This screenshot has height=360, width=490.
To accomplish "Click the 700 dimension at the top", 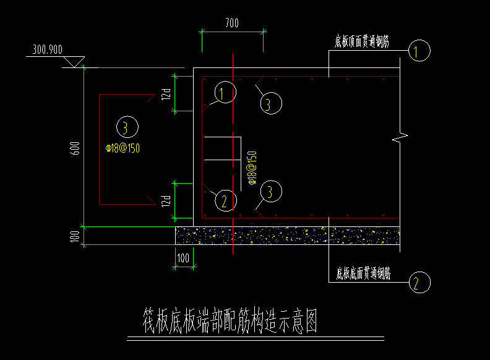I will point(232,24).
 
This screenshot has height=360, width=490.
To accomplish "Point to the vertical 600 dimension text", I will point(75,149).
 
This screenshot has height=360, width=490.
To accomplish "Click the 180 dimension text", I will point(75,236).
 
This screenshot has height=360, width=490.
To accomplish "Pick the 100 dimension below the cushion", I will point(184,257).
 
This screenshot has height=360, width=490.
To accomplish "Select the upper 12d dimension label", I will point(166,94).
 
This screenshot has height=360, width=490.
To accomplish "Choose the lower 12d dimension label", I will point(166,200).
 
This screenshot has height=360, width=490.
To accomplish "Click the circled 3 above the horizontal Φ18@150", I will point(126,127).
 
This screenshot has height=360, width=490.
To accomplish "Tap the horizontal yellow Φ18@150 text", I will point(126,148).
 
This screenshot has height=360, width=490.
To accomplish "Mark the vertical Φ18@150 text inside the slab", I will point(252,166).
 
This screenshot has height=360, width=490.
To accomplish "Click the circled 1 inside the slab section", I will point(225,93).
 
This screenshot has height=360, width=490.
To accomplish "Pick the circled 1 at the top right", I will point(419,51).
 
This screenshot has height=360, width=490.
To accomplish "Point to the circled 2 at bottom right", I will point(418,283).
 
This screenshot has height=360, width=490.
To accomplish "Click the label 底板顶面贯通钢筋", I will point(362,41).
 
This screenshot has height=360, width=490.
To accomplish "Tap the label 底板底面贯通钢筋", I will point(363,272).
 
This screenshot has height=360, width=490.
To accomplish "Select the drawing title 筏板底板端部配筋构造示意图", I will point(230,320).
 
